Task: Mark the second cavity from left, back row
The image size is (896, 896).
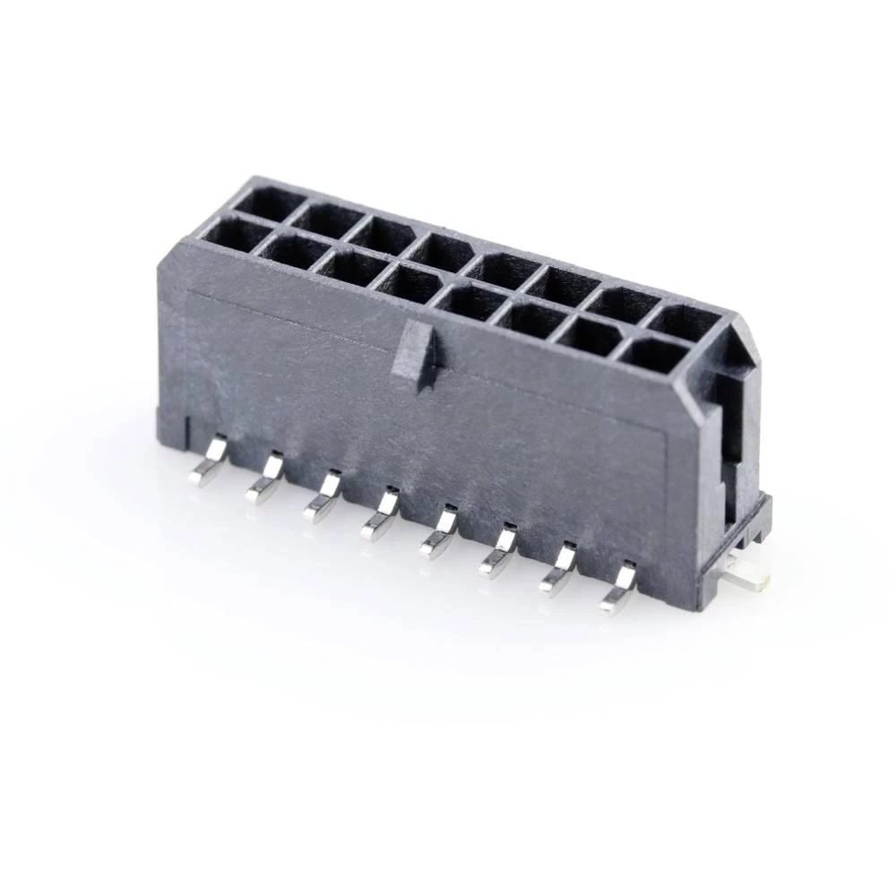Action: point(327,220)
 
